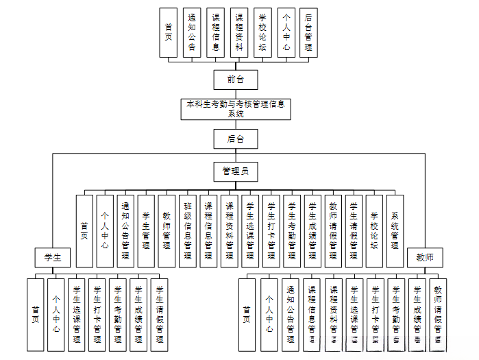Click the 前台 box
pyautogui.click(x=236, y=80)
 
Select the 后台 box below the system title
pyautogui.click(x=236, y=139)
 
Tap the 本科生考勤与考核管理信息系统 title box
pyautogui.click(x=236, y=108)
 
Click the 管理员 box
pyautogui.click(x=236, y=171)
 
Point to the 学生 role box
pyautogui.click(x=53, y=257)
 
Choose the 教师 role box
pyautogui.click(x=425, y=257)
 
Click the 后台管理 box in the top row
pyautogui.click(x=308, y=32)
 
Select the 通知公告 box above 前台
pyautogui.click(x=193, y=32)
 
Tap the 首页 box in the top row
pyautogui.click(x=169, y=32)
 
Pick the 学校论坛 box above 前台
pyautogui.click(x=262, y=32)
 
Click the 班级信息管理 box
pyautogui.click(x=188, y=231)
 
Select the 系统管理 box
pyautogui.click(x=395, y=231)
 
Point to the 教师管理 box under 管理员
pyautogui.click(x=167, y=231)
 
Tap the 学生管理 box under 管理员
pyautogui.click(x=147, y=231)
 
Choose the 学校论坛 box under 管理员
pyautogui.click(x=375, y=231)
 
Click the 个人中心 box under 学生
pyautogui.click(x=56, y=314)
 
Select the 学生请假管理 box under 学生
pyautogui.click(x=160, y=314)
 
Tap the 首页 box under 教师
pyautogui.click(x=248, y=314)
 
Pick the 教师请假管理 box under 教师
pyautogui.click(x=438, y=314)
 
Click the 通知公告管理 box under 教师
pyautogui.click(x=291, y=314)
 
